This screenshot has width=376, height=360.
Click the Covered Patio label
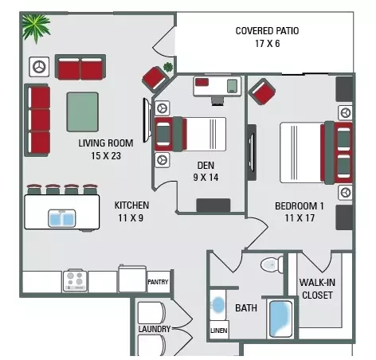267,31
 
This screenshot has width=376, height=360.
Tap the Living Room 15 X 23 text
106,150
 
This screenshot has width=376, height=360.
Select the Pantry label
158,282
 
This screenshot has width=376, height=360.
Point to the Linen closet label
219,331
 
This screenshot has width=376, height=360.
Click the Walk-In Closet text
317,289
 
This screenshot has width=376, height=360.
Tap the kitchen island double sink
62,218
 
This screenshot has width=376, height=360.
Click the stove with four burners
75,280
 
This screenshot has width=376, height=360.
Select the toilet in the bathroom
272,264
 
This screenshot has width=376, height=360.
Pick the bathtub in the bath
280,319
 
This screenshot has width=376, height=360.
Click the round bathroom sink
218,305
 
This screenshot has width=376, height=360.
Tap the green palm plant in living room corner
36,28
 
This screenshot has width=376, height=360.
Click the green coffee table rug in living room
83,112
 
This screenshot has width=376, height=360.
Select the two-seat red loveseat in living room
80,67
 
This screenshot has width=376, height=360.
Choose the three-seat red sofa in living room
37,120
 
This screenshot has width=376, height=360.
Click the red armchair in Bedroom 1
262,92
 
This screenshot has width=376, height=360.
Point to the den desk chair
218,101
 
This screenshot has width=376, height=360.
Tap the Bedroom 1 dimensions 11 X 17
300,218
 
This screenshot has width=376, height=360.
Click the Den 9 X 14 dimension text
206,178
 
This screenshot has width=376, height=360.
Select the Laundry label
155,329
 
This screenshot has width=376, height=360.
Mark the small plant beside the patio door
168,67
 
